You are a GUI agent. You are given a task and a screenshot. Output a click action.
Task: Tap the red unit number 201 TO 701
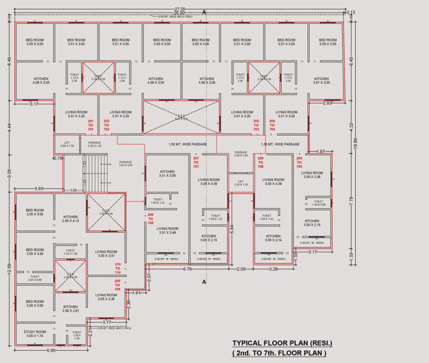pos(91,125)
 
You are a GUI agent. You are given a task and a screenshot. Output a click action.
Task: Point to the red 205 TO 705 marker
pos(299,163)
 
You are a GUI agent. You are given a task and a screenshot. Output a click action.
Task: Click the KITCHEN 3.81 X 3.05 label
pos(322,81)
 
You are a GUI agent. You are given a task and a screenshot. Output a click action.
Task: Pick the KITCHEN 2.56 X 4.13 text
pos(70,219)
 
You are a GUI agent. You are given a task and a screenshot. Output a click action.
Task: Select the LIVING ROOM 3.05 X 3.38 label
pos(312,175)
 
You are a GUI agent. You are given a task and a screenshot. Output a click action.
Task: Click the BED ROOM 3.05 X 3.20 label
pos(35,252)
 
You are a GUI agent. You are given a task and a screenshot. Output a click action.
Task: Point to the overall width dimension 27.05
pos(180,9)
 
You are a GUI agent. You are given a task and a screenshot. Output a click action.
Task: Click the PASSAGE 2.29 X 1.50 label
pos(94,144)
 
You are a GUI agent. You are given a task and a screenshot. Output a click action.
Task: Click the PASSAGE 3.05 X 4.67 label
pos(126,164)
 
